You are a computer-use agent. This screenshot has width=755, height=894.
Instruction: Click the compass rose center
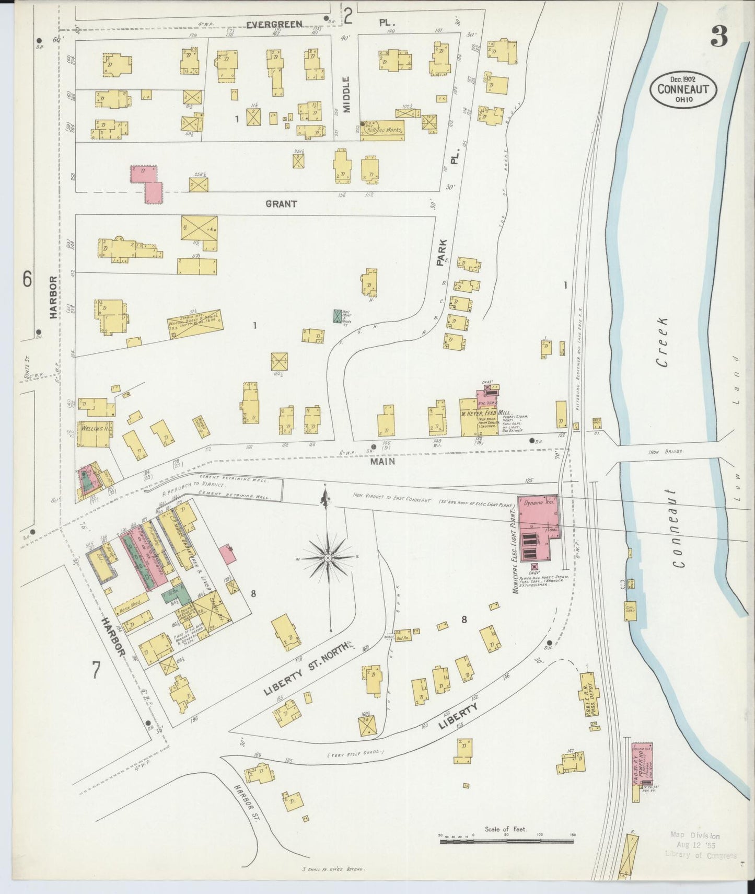[328, 558]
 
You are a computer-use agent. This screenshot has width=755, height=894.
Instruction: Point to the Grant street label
[281, 204]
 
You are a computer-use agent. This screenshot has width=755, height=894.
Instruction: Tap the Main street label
[383, 462]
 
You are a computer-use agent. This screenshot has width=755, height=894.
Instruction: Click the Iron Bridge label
[666, 450]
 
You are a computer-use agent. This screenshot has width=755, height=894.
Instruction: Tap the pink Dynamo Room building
[538, 515]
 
